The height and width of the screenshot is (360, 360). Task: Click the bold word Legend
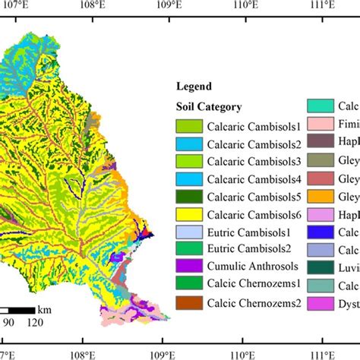point(194,87)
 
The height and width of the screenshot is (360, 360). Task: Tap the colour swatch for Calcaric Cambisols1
point(188,125)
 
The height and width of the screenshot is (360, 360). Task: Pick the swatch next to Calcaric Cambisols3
point(188,161)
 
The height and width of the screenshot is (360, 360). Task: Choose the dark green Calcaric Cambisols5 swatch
point(188,196)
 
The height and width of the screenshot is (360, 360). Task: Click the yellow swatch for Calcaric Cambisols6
point(188,214)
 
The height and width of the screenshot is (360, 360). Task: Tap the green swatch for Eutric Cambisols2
point(188,249)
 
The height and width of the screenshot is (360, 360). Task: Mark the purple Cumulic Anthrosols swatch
point(188,267)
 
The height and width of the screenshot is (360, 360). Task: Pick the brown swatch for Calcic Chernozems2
point(188,302)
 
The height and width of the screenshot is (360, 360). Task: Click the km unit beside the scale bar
point(45,310)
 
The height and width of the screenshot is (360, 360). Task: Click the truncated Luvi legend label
point(349,267)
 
